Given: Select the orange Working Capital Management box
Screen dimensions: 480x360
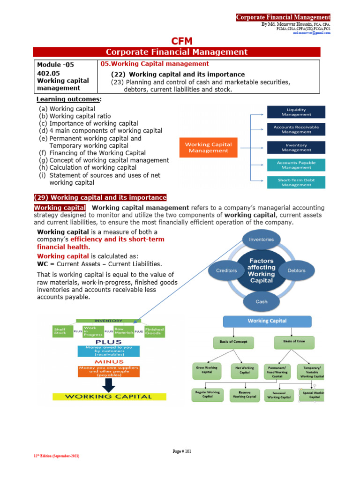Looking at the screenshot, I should coord(208,148).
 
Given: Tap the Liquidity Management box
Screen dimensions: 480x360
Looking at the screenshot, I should coord(296,112).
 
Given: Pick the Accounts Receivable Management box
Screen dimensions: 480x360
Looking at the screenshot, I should coord(296,129).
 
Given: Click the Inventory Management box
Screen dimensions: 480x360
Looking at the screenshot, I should coord(296,147).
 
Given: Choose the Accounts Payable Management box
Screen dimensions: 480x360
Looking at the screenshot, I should coord(296,165).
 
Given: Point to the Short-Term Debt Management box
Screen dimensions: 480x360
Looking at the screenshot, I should coord(296,182).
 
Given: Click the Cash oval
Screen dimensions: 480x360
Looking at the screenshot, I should coord(262,301).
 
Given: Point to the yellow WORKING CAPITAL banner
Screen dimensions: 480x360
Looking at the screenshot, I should coord(108,396).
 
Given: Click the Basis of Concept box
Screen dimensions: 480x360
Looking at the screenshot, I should coord(233,342).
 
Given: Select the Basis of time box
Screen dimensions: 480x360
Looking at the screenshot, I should coord(294,341).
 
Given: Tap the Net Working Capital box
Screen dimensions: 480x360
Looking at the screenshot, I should coord(245,370).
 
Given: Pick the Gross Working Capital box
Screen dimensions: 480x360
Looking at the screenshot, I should coord(207,370).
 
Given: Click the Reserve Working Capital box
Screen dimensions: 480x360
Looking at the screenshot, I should coord(244,394).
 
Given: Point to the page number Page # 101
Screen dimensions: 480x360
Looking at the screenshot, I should coord(182,451).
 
